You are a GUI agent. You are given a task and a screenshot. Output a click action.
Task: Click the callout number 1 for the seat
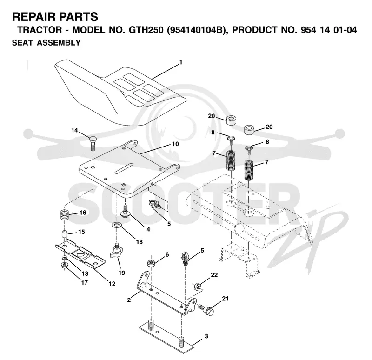click(x=181, y=62)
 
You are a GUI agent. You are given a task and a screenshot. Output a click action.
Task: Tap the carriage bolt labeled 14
click(x=93, y=143)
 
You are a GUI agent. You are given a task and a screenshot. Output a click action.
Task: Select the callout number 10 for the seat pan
click(x=175, y=144)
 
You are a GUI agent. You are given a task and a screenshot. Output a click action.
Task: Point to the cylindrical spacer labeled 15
click(x=65, y=233)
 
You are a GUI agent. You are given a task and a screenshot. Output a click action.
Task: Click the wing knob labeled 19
click(x=115, y=252)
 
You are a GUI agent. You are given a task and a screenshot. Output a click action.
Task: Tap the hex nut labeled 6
click(x=151, y=263)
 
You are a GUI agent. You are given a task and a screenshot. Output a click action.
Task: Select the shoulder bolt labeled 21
click(x=206, y=309)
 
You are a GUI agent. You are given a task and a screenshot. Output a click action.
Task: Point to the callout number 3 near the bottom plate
click(x=206, y=336)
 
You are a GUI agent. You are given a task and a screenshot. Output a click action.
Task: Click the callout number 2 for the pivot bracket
click(x=129, y=300)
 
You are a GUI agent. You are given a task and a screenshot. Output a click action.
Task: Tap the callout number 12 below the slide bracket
click(x=112, y=284)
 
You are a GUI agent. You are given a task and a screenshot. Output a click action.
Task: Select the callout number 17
click(x=85, y=282)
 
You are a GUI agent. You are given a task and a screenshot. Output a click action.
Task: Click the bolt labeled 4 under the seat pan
click(x=125, y=211)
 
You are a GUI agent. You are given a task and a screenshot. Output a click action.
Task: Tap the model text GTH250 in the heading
click(x=146, y=30)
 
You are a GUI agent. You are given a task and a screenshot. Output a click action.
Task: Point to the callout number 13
click(x=85, y=273)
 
